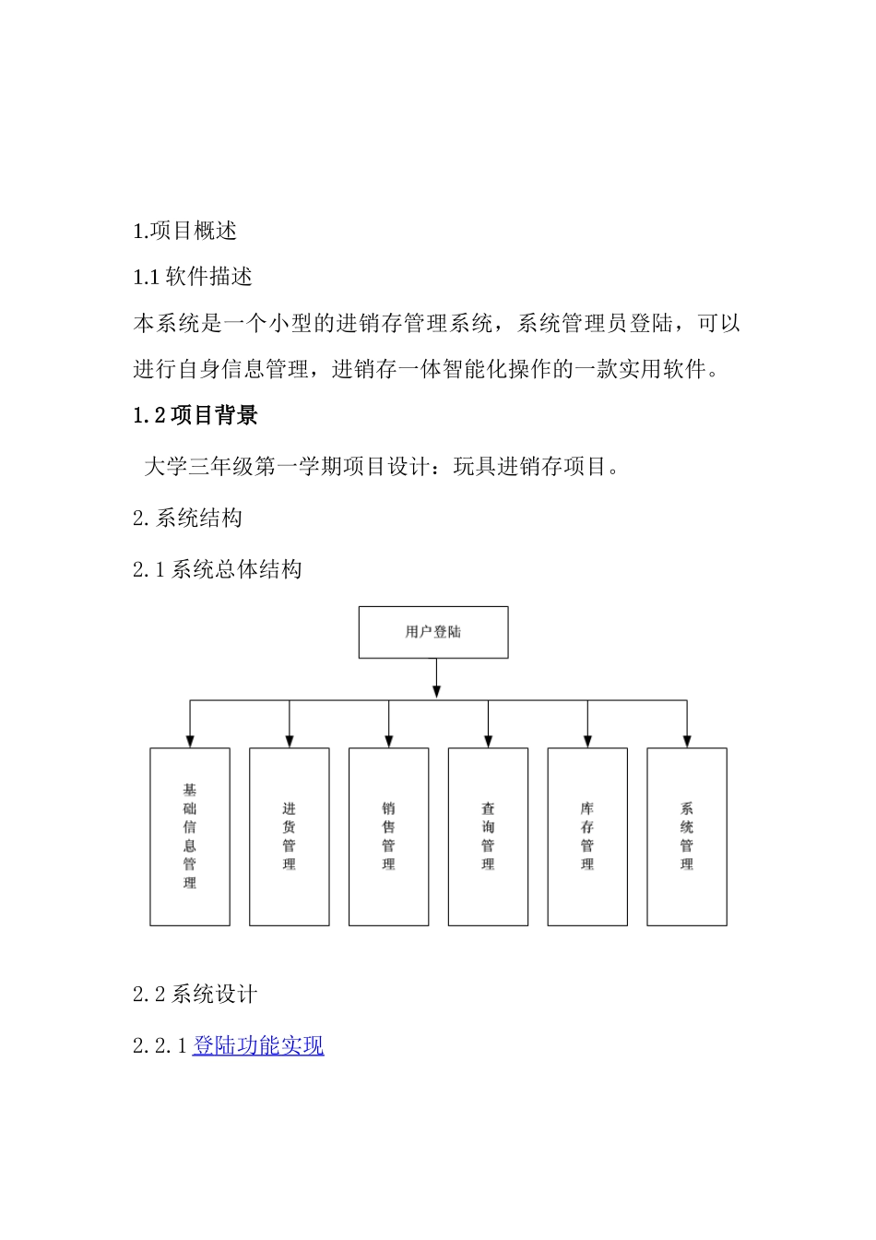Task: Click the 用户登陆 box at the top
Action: coord(432,632)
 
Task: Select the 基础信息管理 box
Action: coord(190,836)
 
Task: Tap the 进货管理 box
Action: coord(290,836)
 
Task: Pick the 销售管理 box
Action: coord(388,836)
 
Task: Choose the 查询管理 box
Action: coord(488,836)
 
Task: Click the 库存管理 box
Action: coord(587,836)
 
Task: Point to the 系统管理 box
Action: coord(687,836)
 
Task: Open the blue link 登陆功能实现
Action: coord(258,1045)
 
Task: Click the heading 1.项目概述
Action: coord(185,231)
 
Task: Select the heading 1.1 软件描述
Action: coord(193,277)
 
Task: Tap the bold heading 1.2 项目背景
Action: coord(195,416)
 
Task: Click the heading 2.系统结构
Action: coord(187,518)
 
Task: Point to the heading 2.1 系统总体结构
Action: coord(217,569)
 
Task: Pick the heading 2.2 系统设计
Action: coord(195,994)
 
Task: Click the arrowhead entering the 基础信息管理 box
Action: coord(190,741)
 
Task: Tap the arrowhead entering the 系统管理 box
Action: coord(687,741)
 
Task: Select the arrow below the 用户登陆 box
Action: coord(436,679)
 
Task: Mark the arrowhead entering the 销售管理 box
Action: coord(388,741)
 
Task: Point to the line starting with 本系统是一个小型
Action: coord(436,324)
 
